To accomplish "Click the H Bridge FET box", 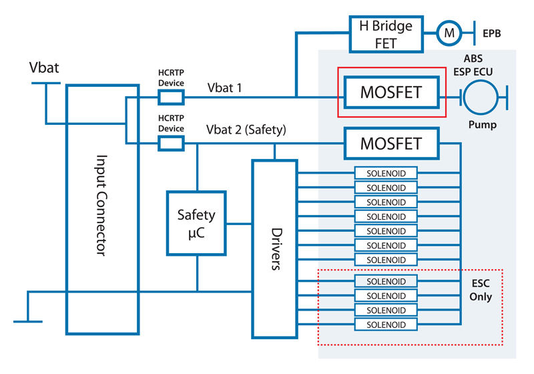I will (x=386, y=34).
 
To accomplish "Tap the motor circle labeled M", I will (x=449, y=31).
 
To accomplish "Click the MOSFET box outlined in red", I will (x=391, y=92).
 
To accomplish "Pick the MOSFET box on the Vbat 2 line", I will (x=391, y=144).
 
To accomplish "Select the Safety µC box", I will (x=196, y=222).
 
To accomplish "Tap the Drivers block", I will (x=274, y=248).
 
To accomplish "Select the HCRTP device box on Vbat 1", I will (x=170, y=98).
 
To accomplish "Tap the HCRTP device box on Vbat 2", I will (x=170, y=142).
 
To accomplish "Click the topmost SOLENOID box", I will (x=386, y=174).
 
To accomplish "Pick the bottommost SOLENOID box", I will (x=386, y=325).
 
